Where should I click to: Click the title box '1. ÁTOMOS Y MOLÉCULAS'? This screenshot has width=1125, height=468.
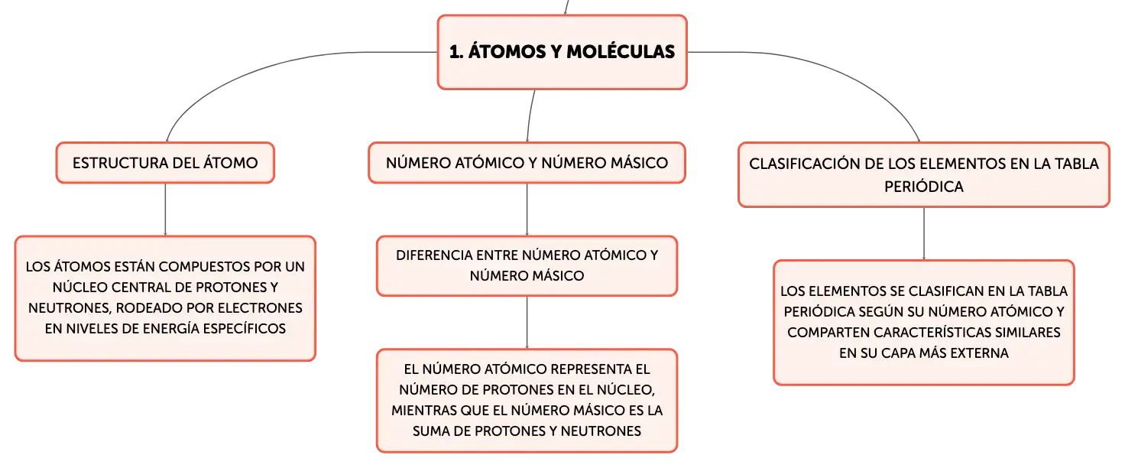click(x=562, y=52)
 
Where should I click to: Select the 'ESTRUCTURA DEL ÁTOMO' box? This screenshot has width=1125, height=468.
click(x=165, y=163)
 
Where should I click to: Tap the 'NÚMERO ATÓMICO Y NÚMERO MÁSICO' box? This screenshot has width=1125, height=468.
click(x=527, y=163)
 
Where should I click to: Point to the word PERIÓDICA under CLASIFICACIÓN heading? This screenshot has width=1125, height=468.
click(x=923, y=187)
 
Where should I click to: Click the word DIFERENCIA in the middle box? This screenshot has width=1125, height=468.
click(x=433, y=255)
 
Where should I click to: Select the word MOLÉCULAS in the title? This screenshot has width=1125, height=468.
click(x=621, y=52)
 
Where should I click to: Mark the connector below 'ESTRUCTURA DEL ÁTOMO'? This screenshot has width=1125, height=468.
click(x=165, y=210)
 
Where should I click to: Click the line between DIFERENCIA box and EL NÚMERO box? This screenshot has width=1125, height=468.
click(x=527, y=322)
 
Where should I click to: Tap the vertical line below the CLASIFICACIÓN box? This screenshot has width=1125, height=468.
click(x=923, y=234)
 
